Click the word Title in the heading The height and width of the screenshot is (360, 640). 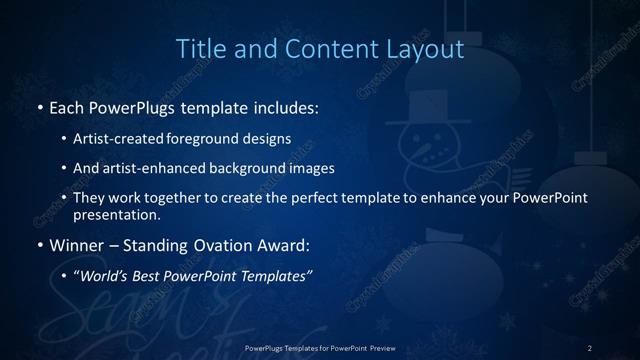[x=199, y=48]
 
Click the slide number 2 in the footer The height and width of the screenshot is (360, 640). [x=590, y=348]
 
